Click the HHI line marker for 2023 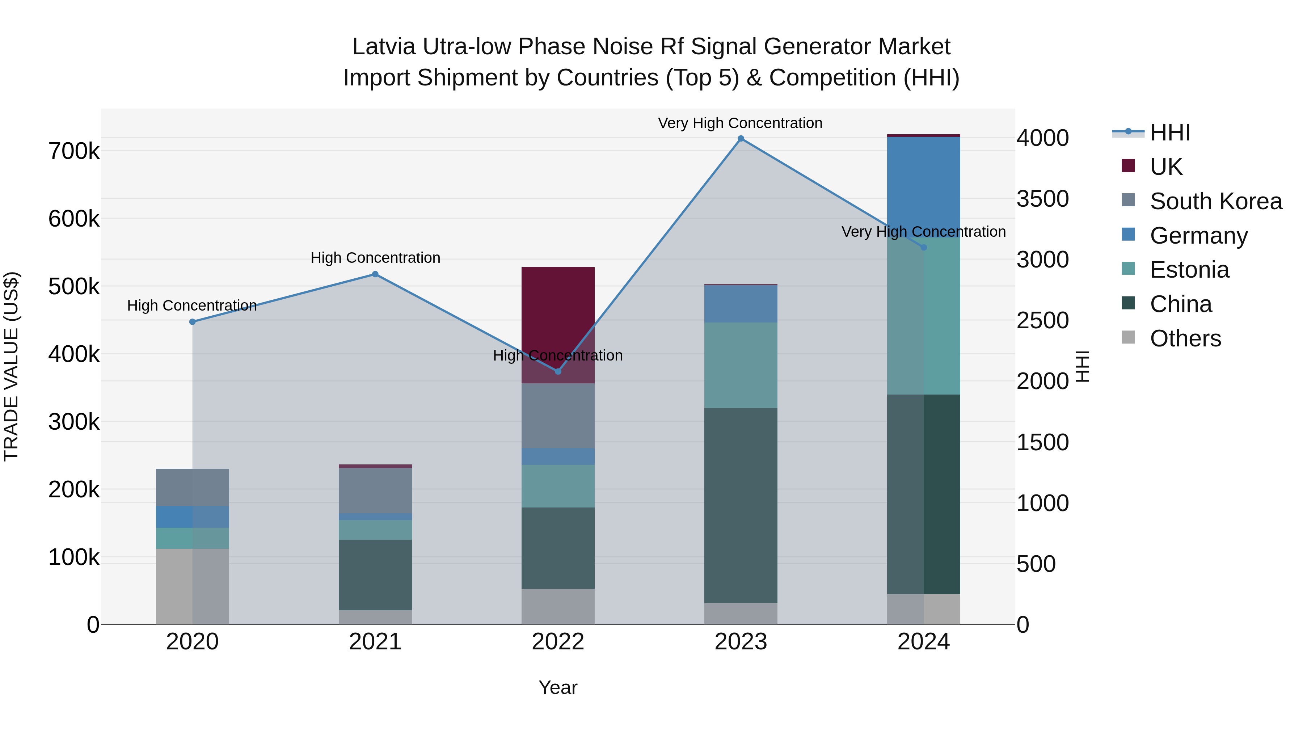coord(741,139)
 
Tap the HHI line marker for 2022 coord(558,371)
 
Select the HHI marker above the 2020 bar coord(192,322)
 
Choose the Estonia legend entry coord(1189,270)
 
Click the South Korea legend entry coord(1215,201)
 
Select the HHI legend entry coord(1169,132)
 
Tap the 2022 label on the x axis coord(558,642)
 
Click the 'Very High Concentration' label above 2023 coord(740,123)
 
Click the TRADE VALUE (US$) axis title coord(12,366)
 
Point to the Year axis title coord(558,687)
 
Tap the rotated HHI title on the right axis coord(1082,366)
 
